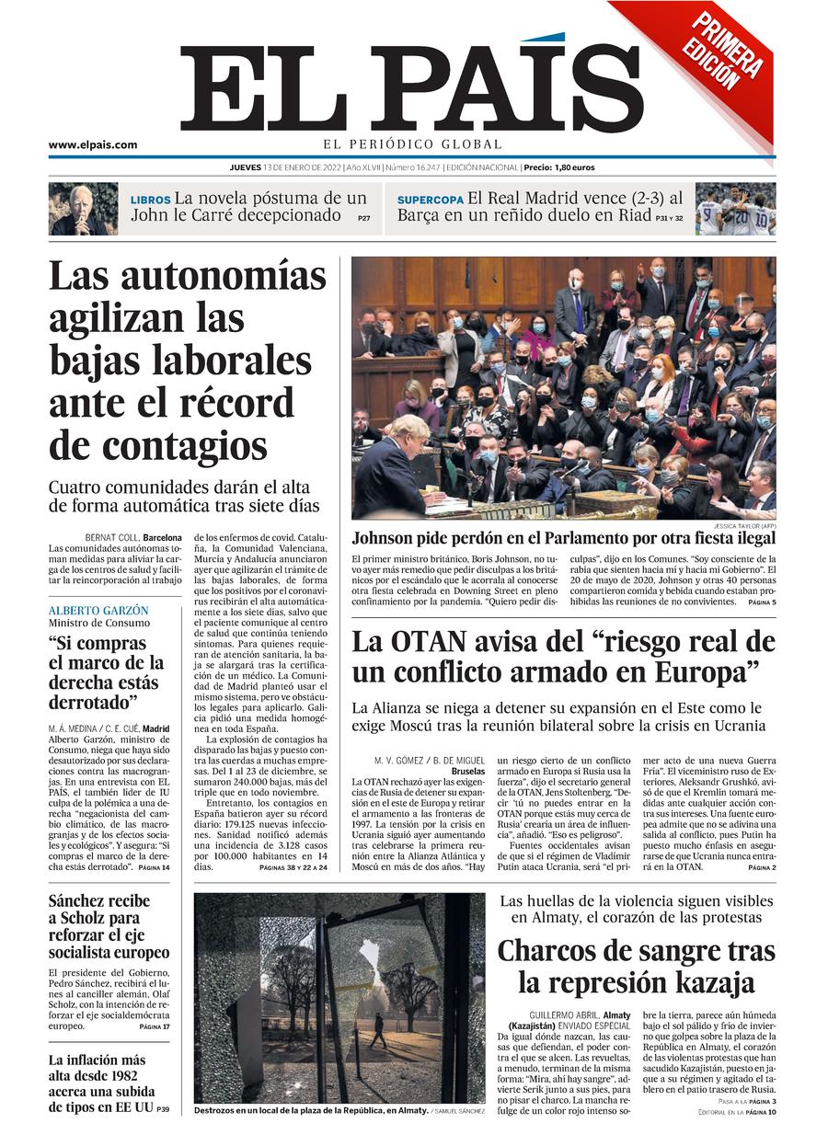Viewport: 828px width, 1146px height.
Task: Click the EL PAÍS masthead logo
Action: [x=411, y=87]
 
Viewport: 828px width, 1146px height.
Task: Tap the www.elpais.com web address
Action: [x=93, y=144]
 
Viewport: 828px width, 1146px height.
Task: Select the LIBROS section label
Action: [x=150, y=200]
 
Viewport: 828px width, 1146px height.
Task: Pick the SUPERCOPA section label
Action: [x=430, y=200]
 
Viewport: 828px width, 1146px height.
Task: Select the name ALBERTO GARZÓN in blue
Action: [x=98, y=611]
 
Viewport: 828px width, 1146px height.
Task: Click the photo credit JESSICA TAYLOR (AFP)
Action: [x=741, y=526]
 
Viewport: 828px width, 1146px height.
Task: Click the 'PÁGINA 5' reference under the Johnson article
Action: [x=762, y=602]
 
